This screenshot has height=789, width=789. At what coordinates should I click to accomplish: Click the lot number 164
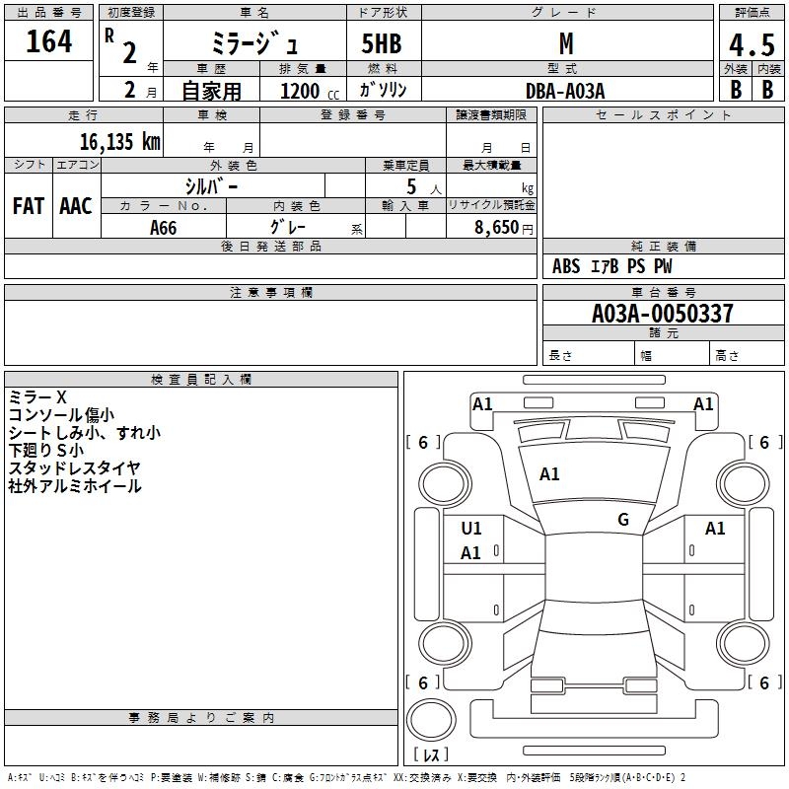pyautogui.click(x=49, y=41)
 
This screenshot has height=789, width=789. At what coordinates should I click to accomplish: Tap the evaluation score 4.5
pyautogui.click(x=751, y=46)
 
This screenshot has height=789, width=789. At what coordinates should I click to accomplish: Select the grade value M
pyautogui.click(x=565, y=42)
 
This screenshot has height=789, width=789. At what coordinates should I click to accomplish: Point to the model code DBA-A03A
pyautogui.click(x=565, y=90)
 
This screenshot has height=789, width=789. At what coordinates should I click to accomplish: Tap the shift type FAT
pyautogui.click(x=28, y=206)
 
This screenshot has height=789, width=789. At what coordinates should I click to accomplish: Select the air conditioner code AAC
pyautogui.click(x=75, y=206)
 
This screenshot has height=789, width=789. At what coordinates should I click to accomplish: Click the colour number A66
pyautogui.click(x=164, y=228)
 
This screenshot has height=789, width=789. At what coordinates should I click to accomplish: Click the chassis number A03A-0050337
pyautogui.click(x=663, y=314)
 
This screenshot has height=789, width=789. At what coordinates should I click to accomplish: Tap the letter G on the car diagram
pyautogui.click(x=623, y=520)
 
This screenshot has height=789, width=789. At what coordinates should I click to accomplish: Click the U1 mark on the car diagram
pyautogui.click(x=471, y=529)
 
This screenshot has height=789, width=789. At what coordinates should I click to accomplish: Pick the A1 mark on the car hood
pyautogui.click(x=549, y=474)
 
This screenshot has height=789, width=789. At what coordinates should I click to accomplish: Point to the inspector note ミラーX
pyautogui.click(x=37, y=396)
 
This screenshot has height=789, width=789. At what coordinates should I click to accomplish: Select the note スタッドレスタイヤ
pyautogui.click(x=74, y=467)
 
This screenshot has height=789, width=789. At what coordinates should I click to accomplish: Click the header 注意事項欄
pyautogui.click(x=270, y=293)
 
